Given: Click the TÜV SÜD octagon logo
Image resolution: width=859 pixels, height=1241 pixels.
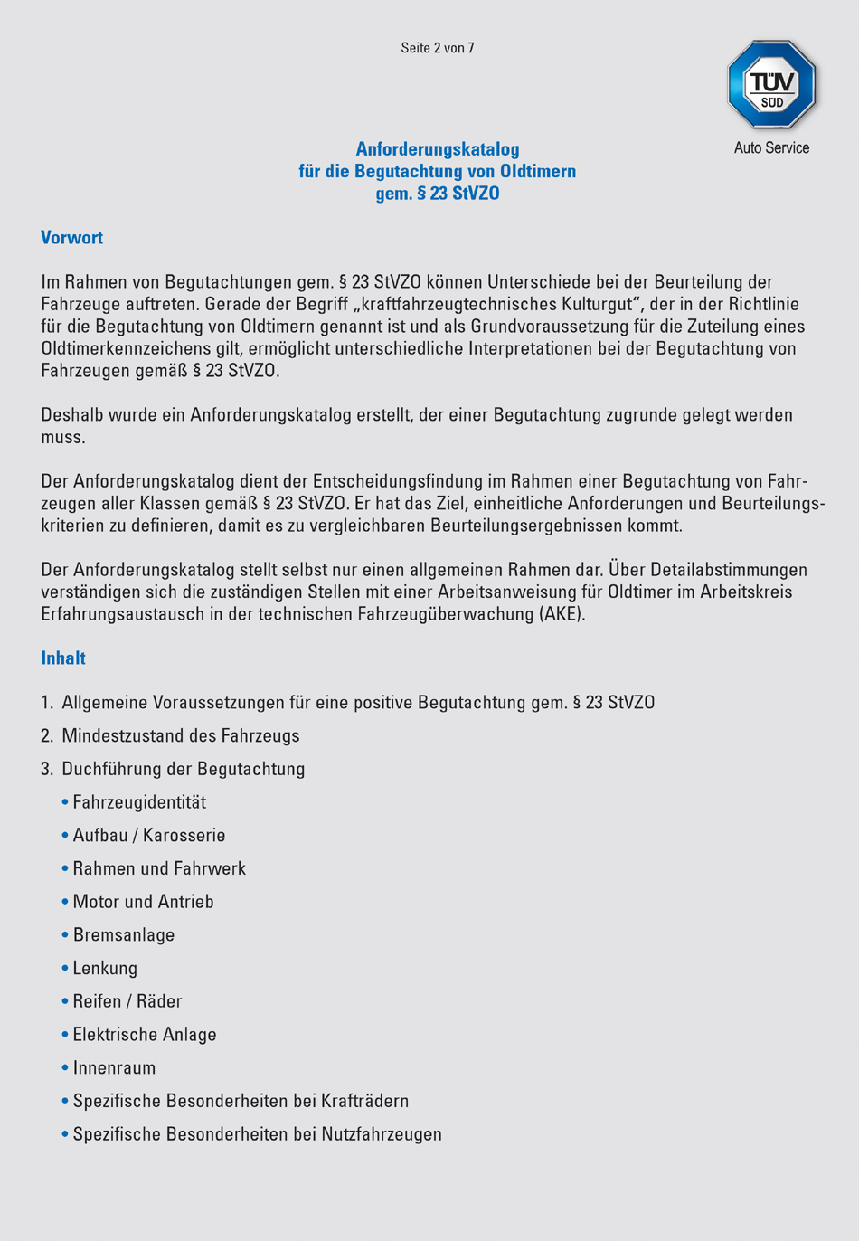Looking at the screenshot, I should click(x=771, y=85).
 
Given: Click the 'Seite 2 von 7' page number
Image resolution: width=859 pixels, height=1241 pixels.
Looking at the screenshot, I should click(x=438, y=48).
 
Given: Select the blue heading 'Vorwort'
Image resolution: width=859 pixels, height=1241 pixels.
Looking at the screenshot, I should click(x=72, y=238).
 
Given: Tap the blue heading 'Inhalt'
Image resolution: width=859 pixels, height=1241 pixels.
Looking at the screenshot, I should click(x=63, y=658).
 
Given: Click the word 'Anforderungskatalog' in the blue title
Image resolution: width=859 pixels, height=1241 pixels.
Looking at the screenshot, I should click(x=438, y=149).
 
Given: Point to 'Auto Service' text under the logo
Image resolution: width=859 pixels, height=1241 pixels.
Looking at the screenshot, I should click(x=771, y=147).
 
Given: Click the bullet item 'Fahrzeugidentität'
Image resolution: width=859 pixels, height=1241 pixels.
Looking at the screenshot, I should click(x=139, y=802).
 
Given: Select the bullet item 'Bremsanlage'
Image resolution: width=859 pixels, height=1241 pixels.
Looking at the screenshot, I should click(x=124, y=935).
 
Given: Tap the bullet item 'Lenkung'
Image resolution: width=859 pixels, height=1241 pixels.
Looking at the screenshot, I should click(x=105, y=969).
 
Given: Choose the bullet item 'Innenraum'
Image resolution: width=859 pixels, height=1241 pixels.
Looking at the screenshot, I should click(x=114, y=1068).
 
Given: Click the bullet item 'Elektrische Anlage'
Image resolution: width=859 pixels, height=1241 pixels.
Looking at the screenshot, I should click(x=145, y=1035).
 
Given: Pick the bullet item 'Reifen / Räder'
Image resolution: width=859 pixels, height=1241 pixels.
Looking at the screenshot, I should click(x=127, y=1001).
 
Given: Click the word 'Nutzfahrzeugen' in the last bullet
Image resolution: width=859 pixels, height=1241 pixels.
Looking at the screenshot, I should click(x=382, y=1134).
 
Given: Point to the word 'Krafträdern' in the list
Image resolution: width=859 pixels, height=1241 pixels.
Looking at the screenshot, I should click(x=365, y=1101).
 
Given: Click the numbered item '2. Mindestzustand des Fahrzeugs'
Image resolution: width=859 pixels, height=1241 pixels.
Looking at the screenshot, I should click(x=171, y=736).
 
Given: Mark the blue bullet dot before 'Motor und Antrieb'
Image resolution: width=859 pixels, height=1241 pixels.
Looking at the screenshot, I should click(x=65, y=902).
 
